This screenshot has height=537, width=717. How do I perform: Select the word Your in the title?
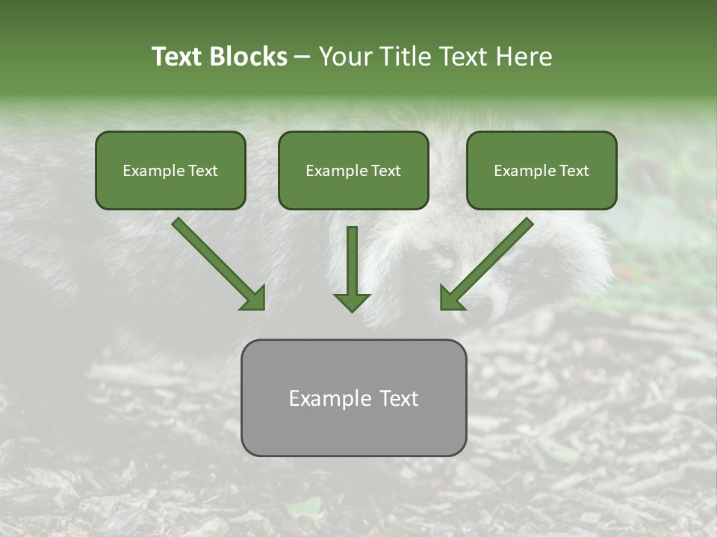tap(346, 57)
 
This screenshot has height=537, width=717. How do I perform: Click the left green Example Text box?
tap(170, 170)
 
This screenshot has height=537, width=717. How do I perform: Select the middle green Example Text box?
tap(353, 170)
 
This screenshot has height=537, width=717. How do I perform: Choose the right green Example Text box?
tap(541, 170)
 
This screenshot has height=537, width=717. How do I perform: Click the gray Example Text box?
tap(353, 398)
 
